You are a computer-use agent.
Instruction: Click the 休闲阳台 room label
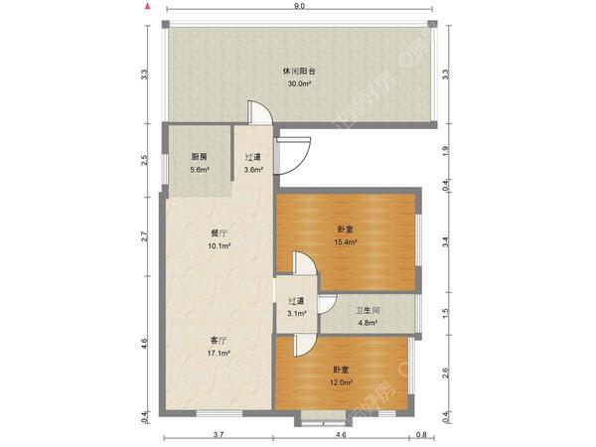(x=299, y=72)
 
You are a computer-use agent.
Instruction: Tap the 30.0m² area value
(x=300, y=84)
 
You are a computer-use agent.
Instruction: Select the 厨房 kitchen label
(x=200, y=157)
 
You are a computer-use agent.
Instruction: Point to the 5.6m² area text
(x=200, y=170)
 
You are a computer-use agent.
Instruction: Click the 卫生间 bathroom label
(x=368, y=311)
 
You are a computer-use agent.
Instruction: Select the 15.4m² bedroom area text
(x=346, y=242)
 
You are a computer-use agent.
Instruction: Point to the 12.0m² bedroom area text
(x=341, y=382)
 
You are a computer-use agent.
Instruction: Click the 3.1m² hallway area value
(x=297, y=314)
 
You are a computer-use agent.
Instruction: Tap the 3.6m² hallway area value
(x=253, y=170)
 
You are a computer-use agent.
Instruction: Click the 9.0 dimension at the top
(x=300, y=6)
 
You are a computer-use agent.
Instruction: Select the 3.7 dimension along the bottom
(x=219, y=434)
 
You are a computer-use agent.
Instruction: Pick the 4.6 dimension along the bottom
(x=341, y=434)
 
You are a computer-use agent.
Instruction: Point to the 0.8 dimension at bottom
(x=421, y=434)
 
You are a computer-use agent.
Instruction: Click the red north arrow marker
(x=148, y=6)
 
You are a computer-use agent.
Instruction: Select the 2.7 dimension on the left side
(x=144, y=236)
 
